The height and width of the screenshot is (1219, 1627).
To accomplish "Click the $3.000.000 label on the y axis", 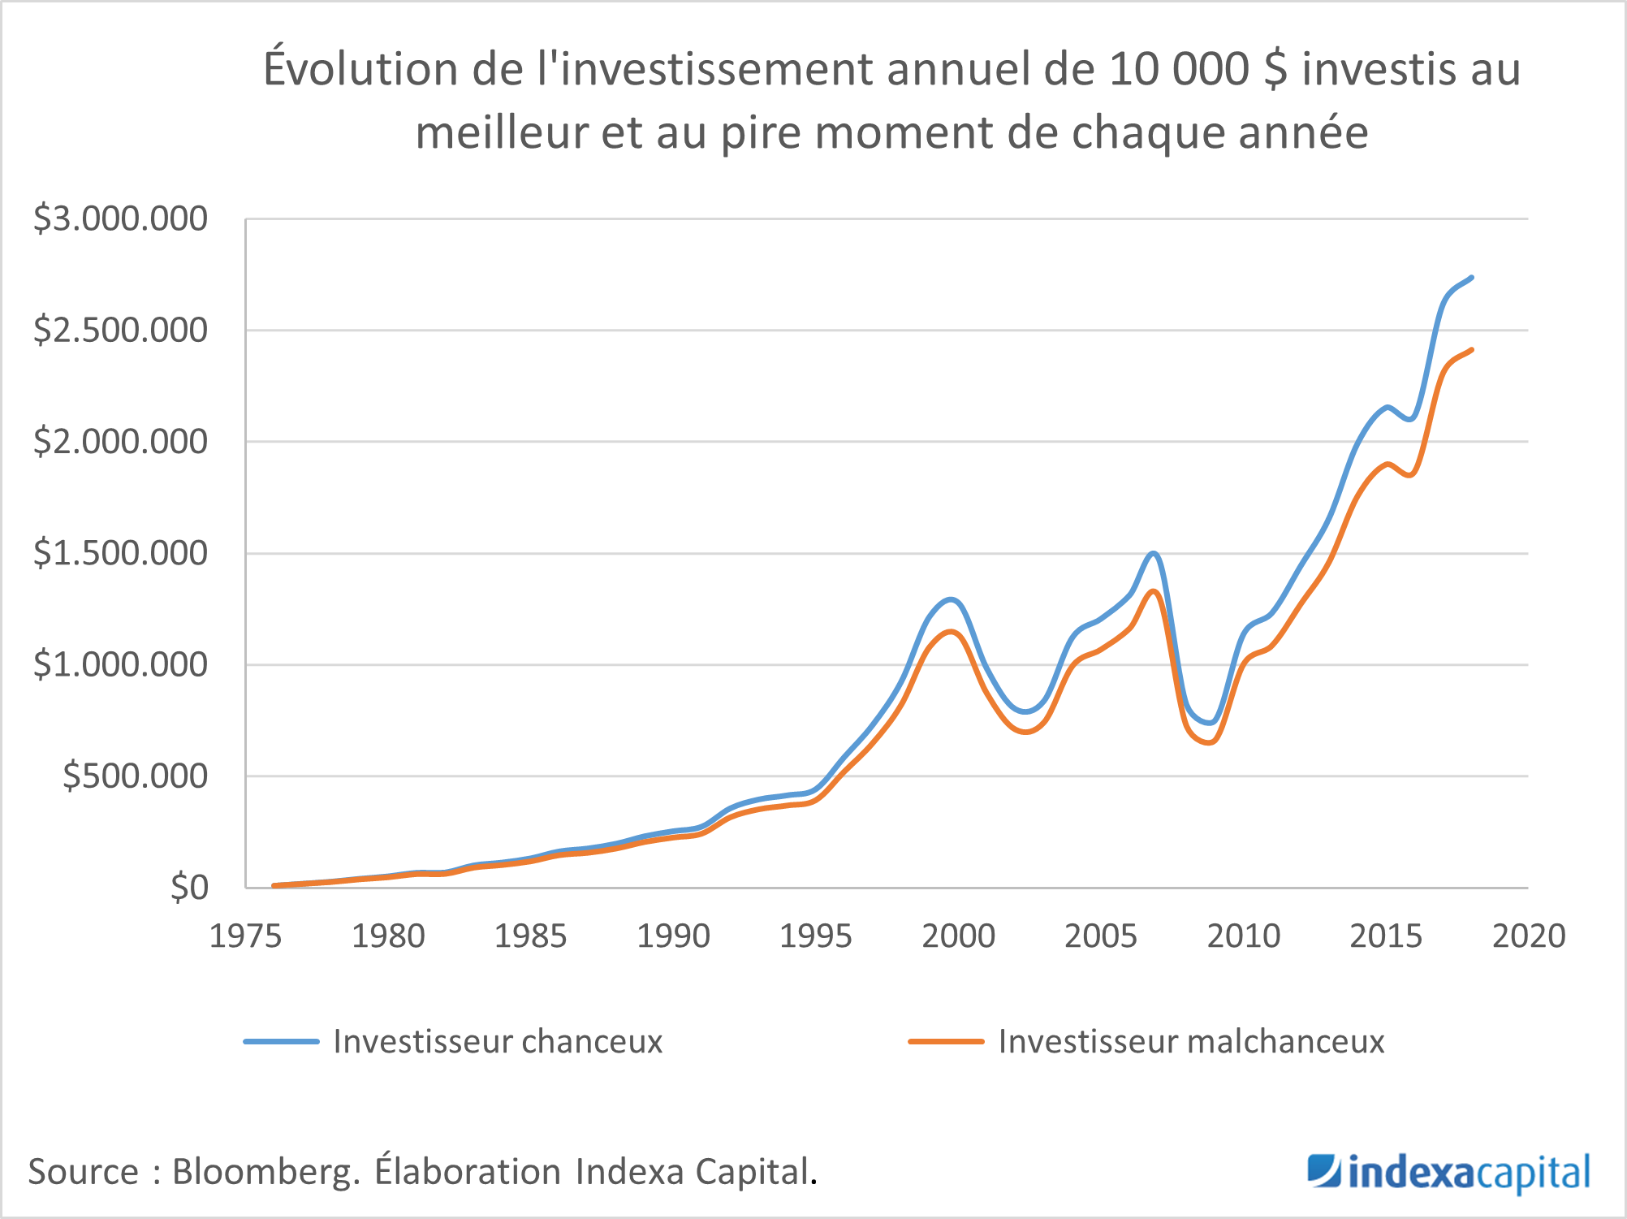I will point(120,219).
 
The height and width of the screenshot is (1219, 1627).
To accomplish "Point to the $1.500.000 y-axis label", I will point(120,554).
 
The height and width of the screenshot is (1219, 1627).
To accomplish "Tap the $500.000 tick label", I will point(135,776).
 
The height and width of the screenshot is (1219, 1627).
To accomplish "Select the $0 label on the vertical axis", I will point(189,888).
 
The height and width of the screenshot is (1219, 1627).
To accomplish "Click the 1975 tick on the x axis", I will point(245,936).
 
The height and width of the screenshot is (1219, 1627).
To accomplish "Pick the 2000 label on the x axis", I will point(958,936).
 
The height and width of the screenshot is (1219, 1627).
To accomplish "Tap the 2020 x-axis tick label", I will point(1528,936).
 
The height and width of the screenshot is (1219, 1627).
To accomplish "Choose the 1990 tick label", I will point(673,936).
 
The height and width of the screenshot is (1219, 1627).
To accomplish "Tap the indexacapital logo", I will point(1448,1173).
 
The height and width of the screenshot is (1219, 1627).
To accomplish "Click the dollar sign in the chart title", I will point(1275,69).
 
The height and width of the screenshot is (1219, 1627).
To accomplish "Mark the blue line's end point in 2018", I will point(1472,277).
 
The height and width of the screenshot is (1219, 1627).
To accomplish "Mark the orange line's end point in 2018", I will point(1472,349).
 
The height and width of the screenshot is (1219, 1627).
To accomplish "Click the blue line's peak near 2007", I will point(1153,553).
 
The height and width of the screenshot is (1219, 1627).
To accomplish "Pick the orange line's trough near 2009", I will point(1210,742).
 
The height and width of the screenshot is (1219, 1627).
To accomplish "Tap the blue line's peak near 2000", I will point(951,599).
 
